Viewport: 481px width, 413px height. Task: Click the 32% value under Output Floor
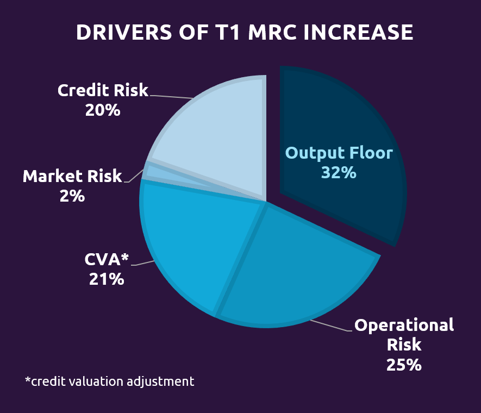coord(338,173)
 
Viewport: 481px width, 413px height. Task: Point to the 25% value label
coord(403,365)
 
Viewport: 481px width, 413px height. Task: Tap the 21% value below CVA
coord(107,279)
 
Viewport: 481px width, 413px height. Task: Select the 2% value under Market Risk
coord(72,196)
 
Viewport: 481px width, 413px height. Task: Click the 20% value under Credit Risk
coord(102,110)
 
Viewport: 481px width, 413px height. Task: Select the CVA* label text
coord(107,260)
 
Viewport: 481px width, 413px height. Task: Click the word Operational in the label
coord(403,326)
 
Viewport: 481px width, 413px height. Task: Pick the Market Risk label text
coord(72,177)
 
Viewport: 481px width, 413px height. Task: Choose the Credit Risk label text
coord(103,90)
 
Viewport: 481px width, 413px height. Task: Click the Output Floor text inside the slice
coord(338,153)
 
